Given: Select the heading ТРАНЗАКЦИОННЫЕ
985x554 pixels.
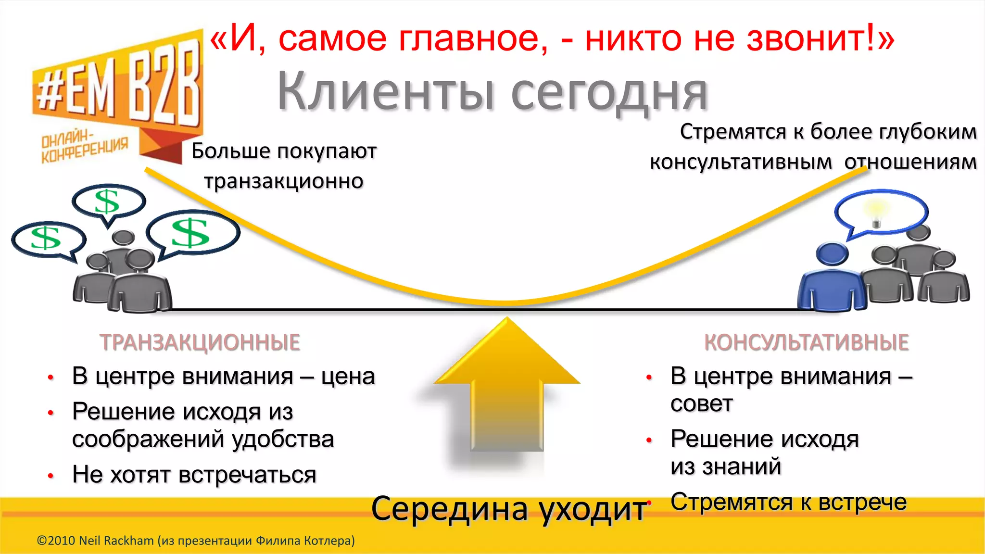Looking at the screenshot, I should coord(200,342).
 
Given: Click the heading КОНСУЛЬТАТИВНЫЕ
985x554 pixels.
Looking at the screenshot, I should coord(807,342).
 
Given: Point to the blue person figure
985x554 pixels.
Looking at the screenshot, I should coord(832,281).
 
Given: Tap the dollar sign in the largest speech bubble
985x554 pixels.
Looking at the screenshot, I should coord(190,233).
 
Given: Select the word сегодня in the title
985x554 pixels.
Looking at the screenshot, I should coord(609,94).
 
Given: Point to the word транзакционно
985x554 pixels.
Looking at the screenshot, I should coord(284,181).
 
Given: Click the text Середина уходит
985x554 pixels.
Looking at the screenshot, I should coord(509,509).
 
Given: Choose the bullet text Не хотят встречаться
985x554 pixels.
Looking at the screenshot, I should coord(194,475).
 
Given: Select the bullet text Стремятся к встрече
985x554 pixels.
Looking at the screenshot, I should coord(789,502).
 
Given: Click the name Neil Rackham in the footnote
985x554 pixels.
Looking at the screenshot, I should coord(116,541).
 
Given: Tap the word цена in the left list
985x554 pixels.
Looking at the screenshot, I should coord(348,376).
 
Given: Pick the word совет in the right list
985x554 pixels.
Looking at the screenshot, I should coord(701,404).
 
